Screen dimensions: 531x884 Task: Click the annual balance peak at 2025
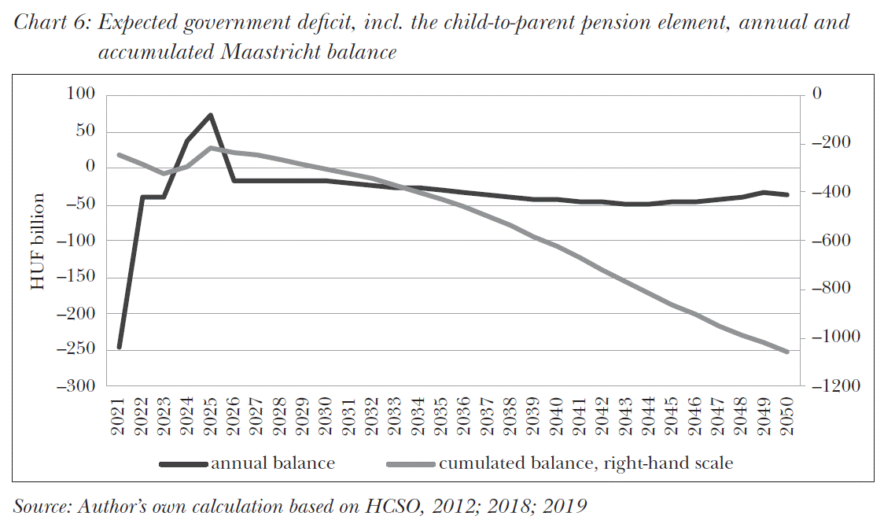[211, 115]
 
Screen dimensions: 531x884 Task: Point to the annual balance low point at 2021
[120, 347]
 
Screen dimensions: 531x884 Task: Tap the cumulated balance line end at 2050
[787, 352]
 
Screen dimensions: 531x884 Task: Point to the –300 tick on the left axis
[76, 386]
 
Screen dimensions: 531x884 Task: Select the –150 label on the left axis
[76, 277]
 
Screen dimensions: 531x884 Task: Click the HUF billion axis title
[38, 241]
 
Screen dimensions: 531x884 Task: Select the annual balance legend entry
[272, 463]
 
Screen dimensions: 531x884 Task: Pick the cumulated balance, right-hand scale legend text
[585, 463]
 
